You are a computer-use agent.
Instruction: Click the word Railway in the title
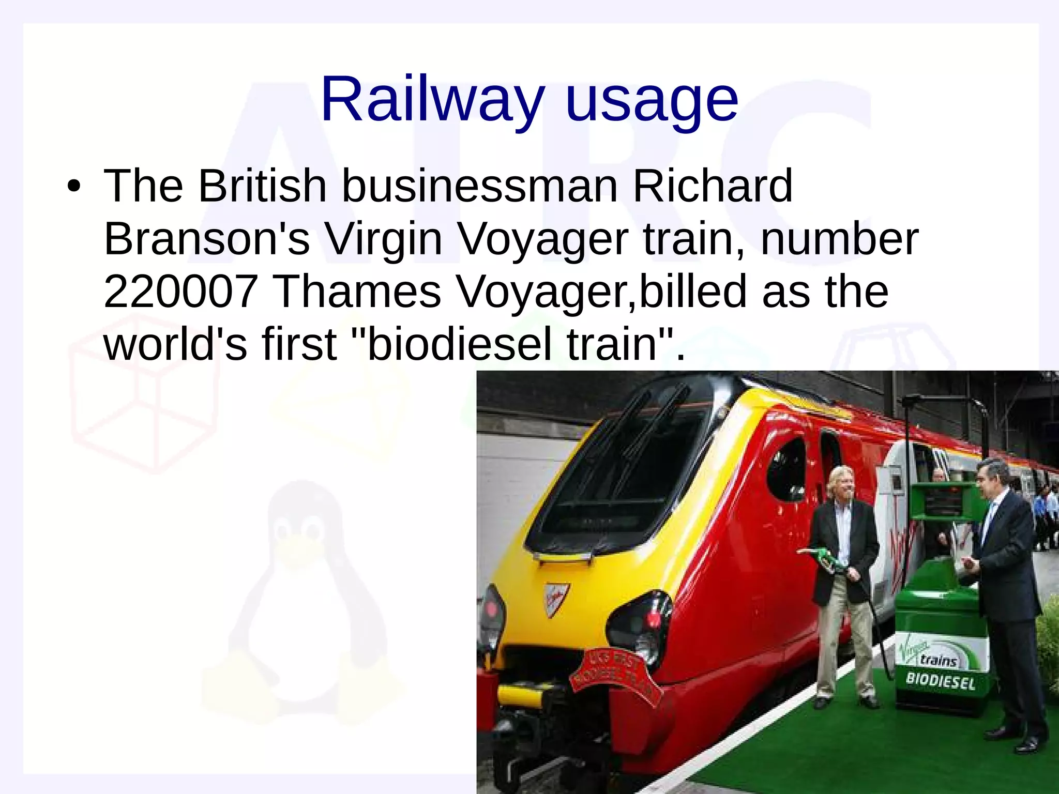point(432,99)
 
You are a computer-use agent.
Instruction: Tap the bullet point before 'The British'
point(73,187)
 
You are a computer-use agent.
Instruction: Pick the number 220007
point(181,292)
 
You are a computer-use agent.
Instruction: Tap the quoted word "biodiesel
point(451,344)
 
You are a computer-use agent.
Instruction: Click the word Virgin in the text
point(383,240)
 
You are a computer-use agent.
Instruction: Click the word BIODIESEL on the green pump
point(940,681)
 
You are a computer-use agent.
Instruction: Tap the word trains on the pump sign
point(938,661)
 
